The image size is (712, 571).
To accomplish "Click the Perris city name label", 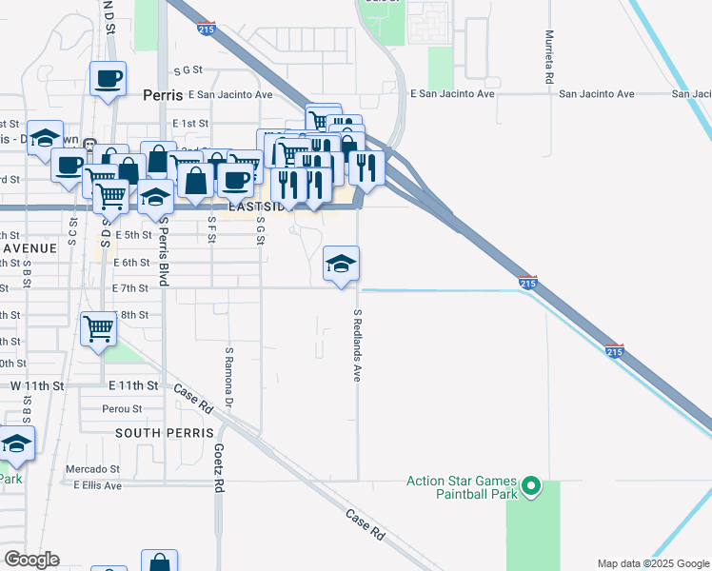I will pos(162,95).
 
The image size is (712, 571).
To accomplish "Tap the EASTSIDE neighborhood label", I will pos(257,207).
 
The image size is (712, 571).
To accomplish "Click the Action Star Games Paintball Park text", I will pos(462,487).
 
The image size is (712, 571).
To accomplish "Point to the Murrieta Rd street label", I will pos(550,67).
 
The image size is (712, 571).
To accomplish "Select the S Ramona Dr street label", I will pos(229,377).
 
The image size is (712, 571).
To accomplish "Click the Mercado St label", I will pos(92,469).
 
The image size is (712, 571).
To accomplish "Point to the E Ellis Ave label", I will pos(98,485).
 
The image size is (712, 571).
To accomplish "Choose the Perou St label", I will pos(121,409).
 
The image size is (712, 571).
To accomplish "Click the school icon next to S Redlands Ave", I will pos(341,263).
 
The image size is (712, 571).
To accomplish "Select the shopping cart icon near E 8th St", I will pos(98,328).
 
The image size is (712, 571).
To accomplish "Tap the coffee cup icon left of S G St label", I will pos(108,78).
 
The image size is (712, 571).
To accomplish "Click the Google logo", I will pos(31,560).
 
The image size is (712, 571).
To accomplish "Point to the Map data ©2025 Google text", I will pos(653,563).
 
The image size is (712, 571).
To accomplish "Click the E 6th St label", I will pos(131,263).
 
